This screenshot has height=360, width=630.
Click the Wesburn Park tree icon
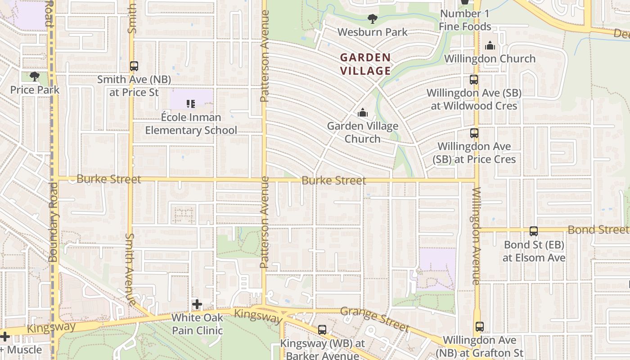point(372,19)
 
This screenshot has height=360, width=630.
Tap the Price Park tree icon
point(35,77)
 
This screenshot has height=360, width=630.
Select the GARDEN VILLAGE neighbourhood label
point(365,64)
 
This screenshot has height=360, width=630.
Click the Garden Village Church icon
point(362,113)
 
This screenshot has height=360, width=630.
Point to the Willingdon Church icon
point(490,45)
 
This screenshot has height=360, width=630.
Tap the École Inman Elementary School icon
point(191,104)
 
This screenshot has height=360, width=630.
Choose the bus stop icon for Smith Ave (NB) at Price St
point(134,66)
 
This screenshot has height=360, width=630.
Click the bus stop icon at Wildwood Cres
point(473,80)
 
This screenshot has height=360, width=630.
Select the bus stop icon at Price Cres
point(474,133)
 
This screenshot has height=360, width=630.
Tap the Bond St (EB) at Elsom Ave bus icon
point(534,231)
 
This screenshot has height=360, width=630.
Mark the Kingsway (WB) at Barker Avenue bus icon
point(322,330)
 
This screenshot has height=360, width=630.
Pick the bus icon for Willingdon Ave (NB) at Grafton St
point(479,327)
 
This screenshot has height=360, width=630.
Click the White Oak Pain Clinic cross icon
point(197,305)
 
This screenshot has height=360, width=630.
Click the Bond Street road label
point(598,229)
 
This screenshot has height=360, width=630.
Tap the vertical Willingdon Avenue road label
point(477,236)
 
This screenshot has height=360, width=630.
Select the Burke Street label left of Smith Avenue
point(109,179)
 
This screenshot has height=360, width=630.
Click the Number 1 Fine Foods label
point(465,20)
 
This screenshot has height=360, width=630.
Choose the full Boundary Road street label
point(54,221)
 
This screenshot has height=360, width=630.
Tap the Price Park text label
point(35,90)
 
